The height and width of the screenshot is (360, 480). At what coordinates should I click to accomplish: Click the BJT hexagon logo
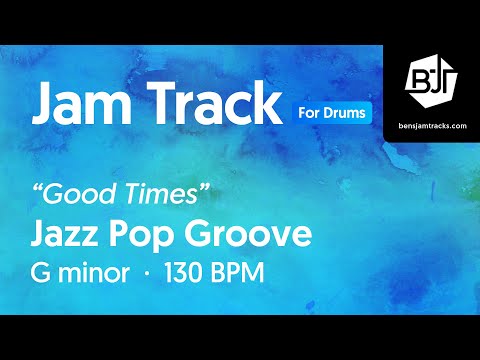pos(431,76)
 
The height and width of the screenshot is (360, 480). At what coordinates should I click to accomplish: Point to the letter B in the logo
pos(422,76)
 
